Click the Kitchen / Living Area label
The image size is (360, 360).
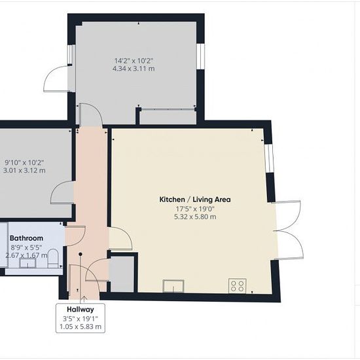pyautogui.click(x=195, y=199)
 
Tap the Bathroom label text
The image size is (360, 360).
pyautogui.click(x=26, y=238)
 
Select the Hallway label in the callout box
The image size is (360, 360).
pyautogui.click(x=81, y=310)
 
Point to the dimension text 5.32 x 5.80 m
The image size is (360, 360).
pyautogui.click(x=195, y=217)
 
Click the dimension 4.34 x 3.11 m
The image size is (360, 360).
pyautogui.click(x=134, y=69)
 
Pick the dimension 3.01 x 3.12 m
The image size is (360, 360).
pyautogui.click(x=24, y=171)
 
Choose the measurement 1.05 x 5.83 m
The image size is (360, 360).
pyautogui.click(x=81, y=327)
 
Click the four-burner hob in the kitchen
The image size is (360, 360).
pyautogui.click(x=238, y=285)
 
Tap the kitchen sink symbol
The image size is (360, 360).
pyautogui.click(x=173, y=286)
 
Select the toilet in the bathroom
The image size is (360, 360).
pyautogui.click(x=53, y=259)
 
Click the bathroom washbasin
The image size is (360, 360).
pyautogui.click(x=27, y=263)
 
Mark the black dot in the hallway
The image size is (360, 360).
pyautogui.click(x=81, y=254)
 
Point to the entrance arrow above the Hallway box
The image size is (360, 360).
pyautogui.click(x=84, y=299)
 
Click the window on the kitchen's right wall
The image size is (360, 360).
pyautogui.click(x=269, y=158)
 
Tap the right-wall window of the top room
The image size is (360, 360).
pyautogui.click(x=200, y=56)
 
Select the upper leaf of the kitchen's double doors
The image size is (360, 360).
pyautogui.click(x=287, y=216)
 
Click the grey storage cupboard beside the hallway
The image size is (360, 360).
pyautogui.click(x=122, y=274)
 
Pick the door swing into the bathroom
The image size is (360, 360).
pyautogui.click(x=75, y=236)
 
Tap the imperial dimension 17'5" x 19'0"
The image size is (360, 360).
pyautogui.click(x=195, y=209)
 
